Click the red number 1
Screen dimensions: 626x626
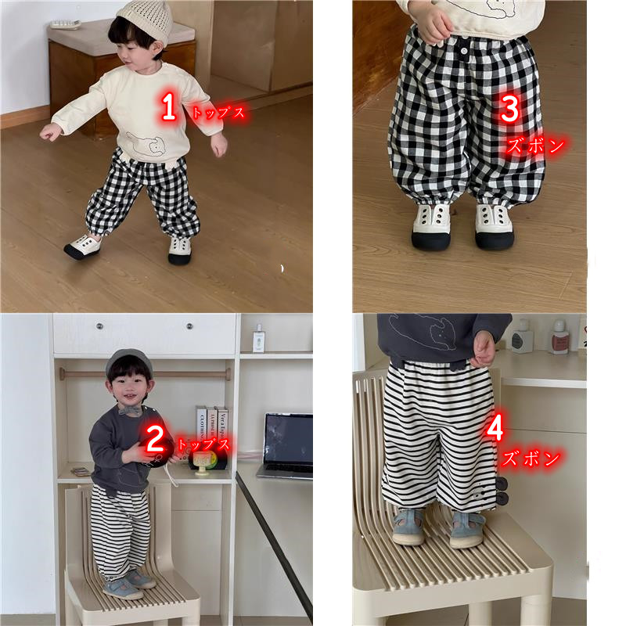168,106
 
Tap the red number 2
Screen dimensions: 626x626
155,438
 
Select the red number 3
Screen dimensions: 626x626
510,109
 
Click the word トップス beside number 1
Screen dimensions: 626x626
218,113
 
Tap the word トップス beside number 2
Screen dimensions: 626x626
203,444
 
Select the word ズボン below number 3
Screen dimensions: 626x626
535,146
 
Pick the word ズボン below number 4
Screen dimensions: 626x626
531,459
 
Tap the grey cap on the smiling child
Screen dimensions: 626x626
128,361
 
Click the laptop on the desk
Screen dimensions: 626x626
286,445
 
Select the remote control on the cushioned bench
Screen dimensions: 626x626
65,23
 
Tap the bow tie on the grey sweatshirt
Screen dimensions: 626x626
130,409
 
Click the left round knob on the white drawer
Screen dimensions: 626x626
99,326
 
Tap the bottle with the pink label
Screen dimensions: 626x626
560,337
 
